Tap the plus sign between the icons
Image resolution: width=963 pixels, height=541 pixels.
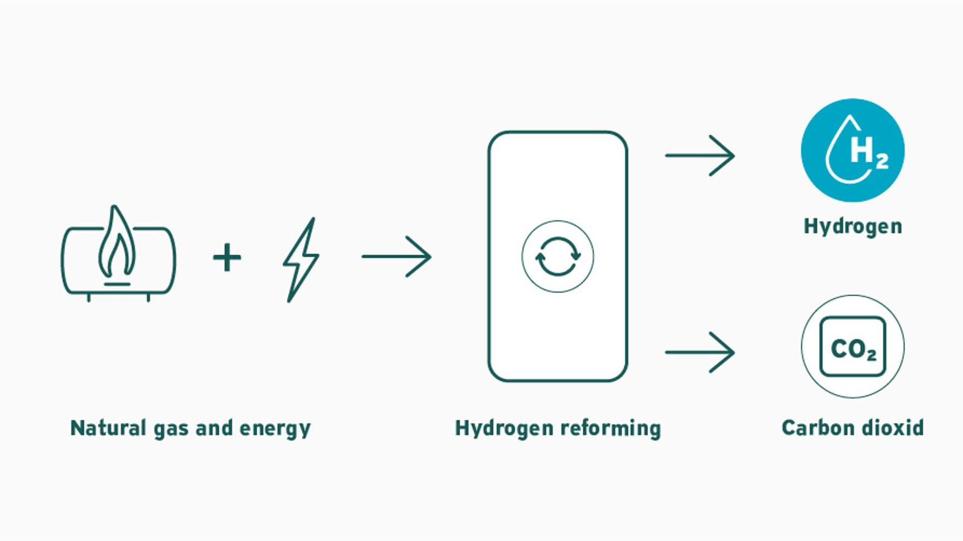tap(227, 257)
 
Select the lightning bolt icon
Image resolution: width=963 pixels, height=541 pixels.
tap(301, 260)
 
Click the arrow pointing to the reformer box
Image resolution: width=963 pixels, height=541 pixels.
tap(397, 256)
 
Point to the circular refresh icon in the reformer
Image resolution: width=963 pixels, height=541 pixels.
tap(558, 256)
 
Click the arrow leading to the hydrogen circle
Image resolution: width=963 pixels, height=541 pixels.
tap(700, 156)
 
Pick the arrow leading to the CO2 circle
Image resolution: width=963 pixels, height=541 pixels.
tap(700, 352)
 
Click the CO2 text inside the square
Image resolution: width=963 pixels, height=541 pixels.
tap(853, 349)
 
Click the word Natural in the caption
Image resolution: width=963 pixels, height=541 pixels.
tap(108, 427)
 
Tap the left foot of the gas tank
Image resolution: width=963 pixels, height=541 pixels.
tap(89, 298)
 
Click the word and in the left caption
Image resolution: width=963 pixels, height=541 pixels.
tap(214, 427)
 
